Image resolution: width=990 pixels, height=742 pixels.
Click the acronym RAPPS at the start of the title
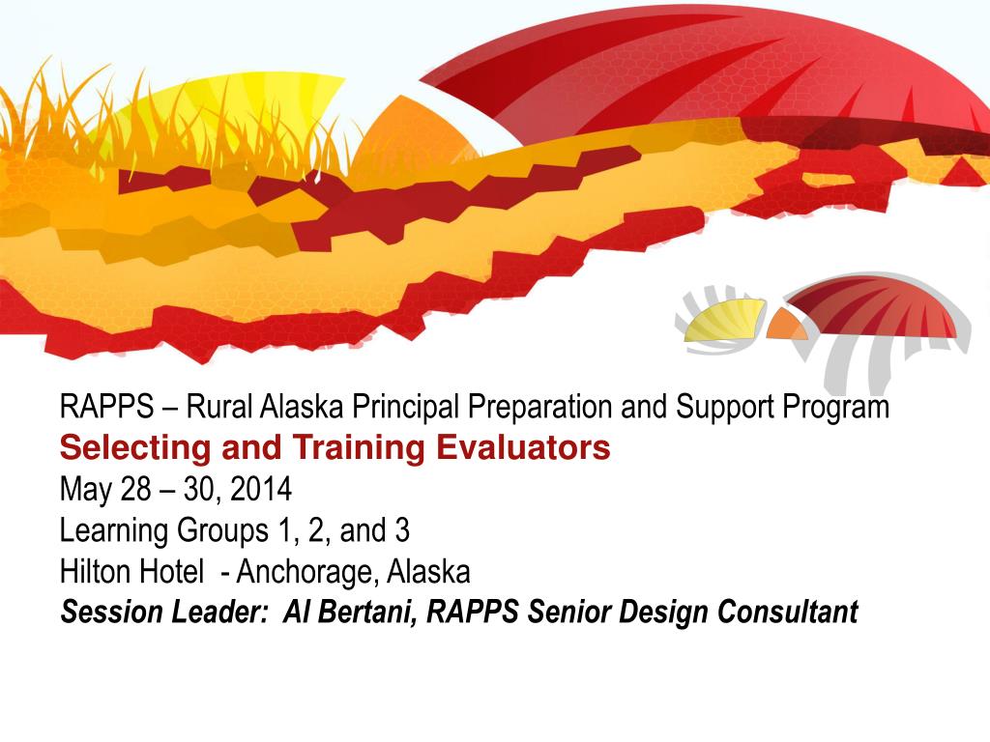[106, 407]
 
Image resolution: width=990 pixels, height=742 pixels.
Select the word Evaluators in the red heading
[523, 447]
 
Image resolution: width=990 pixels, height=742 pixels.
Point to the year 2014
[261, 489]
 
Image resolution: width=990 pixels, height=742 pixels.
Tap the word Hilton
[96, 571]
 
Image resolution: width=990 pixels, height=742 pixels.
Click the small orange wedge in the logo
[785, 325]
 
